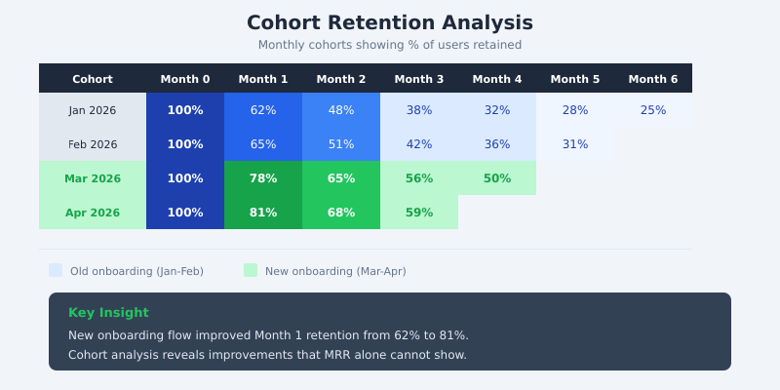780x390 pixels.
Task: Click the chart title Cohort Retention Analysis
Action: tap(390, 23)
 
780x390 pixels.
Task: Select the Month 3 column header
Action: tap(419, 79)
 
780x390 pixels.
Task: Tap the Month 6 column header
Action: tap(653, 79)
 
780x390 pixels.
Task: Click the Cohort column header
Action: tap(93, 79)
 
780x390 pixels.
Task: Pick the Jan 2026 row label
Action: tap(93, 110)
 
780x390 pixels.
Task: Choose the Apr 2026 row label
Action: tap(93, 213)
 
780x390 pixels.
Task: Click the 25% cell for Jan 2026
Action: tap(653, 110)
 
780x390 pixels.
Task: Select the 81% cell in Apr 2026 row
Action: tap(263, 213)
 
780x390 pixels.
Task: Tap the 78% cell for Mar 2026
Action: tap(263, 178)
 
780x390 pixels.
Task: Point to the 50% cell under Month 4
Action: tap(497, 178)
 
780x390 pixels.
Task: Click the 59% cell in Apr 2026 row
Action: tap(419, 213)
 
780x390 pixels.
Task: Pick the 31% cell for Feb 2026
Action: tap(575, 144)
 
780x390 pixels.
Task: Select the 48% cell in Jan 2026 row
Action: tap(341, 110)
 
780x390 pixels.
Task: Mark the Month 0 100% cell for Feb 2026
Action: tap(185, 144)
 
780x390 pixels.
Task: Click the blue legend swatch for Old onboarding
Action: tap(56, 270)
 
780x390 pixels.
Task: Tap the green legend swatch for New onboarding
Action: tap(251, 270)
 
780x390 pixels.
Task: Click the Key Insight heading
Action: tap(108, 313)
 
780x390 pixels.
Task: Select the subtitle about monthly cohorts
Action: tap(390, 45)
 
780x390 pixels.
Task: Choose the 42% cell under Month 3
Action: tap(419, 144)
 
